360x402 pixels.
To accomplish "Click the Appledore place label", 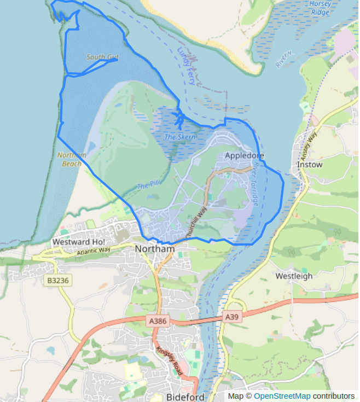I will (x=245, y=156).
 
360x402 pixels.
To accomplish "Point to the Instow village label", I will (x=309, y=164).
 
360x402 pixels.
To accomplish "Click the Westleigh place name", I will (x=294, y=276).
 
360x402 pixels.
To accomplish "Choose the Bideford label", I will (x=185, y=397).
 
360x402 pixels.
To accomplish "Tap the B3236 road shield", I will (x=57, y=280).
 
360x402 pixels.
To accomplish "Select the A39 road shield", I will (x=231, y=317).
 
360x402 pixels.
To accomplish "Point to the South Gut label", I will (x=102, y=57).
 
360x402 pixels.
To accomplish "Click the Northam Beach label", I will (x=72, y=159).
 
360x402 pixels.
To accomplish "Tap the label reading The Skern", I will (x=179, y=137).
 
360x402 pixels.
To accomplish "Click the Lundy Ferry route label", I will (x=187, y=66).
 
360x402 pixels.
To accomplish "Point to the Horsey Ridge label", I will (x=320, y=8).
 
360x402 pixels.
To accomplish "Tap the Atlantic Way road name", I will (x=94, y=251).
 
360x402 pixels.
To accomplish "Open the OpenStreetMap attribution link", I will (x=282, y=396).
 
